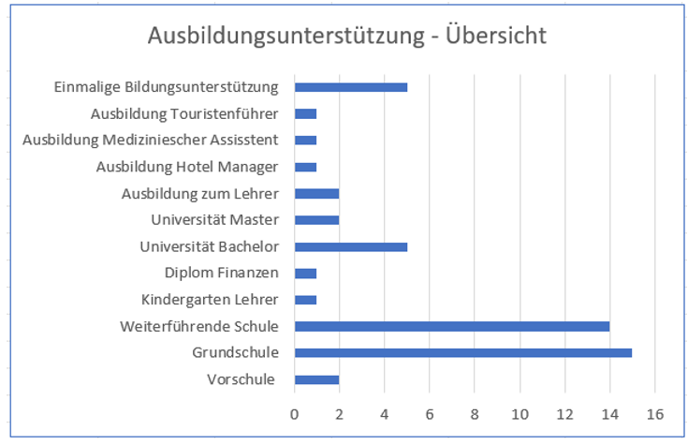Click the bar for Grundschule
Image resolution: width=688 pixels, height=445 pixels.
463,353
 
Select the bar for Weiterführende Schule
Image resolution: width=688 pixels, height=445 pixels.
452,326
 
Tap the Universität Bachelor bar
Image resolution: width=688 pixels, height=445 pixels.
351,247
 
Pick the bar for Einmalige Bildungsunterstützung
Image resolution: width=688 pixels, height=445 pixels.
351,87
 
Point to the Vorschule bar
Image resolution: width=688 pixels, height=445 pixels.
316,379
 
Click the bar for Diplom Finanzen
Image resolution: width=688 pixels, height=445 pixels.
306,274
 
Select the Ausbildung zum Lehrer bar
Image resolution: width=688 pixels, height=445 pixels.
316,194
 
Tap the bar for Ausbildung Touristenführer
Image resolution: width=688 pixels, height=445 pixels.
306,114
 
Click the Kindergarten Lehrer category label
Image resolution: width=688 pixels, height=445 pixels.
210,300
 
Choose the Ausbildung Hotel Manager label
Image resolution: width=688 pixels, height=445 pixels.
187,167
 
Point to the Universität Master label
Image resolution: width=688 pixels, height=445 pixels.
214,220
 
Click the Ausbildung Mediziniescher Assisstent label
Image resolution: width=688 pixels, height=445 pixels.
151,141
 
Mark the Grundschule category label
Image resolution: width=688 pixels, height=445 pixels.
236,353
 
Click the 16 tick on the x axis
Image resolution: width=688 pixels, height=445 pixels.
655,413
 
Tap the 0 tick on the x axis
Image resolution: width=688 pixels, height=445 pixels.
295,413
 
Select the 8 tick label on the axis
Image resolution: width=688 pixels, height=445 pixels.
475,413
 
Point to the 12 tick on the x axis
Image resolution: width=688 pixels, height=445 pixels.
564,413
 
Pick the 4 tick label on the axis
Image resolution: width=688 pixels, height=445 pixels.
385,413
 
